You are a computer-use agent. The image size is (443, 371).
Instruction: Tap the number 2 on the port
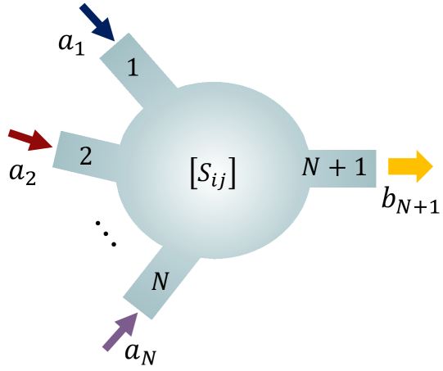point(85,156)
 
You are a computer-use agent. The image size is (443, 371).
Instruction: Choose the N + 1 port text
point(333,167)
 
